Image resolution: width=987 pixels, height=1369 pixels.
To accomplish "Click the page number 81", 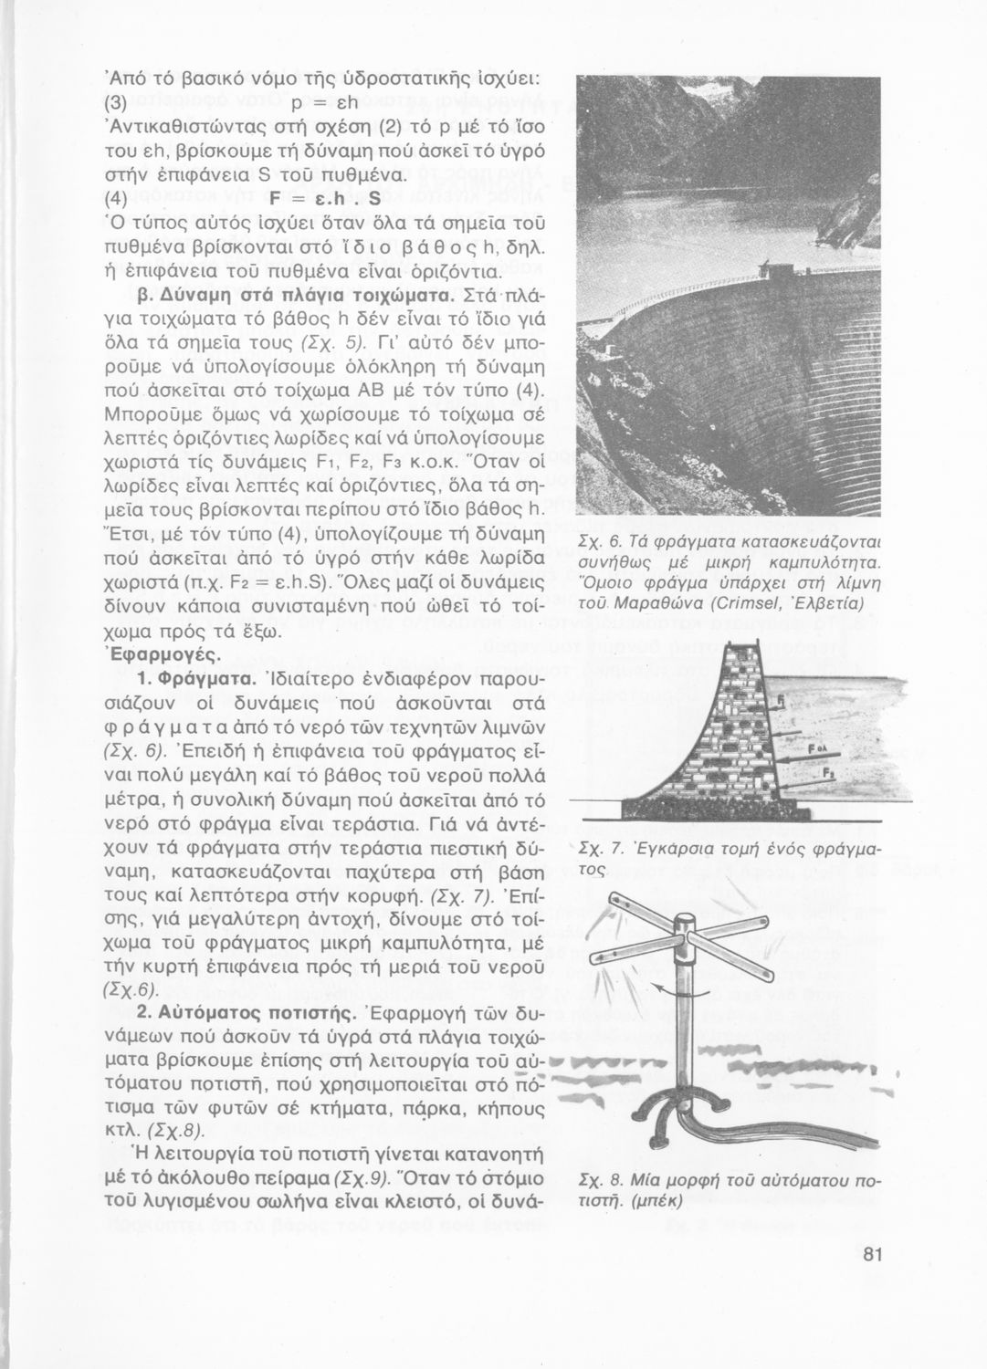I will point(874,1253).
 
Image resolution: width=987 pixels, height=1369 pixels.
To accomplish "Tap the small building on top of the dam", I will point(781,271).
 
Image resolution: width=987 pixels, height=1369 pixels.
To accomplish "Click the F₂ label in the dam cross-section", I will point(826,772).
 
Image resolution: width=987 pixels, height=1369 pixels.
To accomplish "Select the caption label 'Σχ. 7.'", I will point(602,850).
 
